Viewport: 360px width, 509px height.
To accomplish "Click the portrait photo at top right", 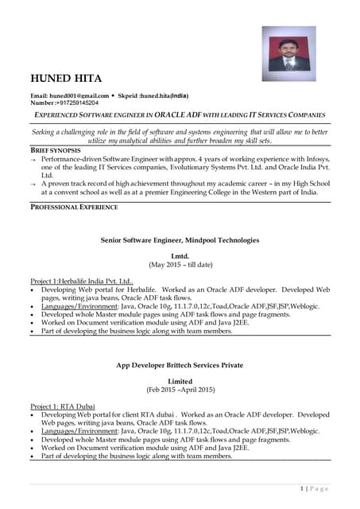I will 290,53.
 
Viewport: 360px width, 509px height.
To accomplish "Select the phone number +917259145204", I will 76,103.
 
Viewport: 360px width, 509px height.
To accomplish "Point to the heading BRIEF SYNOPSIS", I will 55,150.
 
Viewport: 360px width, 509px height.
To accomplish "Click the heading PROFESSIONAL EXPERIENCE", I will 74,207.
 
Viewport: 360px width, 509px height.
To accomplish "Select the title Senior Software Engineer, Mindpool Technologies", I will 180,239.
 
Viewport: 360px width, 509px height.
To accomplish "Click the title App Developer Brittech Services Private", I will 180,366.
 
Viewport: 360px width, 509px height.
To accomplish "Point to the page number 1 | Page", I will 315,488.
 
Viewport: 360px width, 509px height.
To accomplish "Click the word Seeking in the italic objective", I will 48,131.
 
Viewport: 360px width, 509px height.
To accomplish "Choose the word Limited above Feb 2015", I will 180,381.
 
